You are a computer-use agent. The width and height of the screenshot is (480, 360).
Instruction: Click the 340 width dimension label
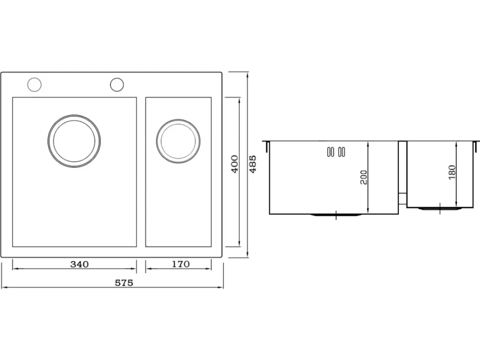point(79,264)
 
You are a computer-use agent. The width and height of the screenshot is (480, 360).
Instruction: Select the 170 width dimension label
point(181,264)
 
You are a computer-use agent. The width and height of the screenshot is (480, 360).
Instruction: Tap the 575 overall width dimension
point(124,283)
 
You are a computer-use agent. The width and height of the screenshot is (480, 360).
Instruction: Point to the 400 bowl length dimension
point(235,164)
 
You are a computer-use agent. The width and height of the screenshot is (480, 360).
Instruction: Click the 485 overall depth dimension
point(253,164)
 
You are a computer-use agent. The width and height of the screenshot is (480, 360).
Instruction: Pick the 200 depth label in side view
point(363,177)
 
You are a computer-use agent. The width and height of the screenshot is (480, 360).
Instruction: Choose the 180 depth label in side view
point(452,172)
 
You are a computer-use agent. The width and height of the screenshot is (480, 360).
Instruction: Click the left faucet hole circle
point(34,85)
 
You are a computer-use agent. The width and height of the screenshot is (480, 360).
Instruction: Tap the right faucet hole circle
point(117,85)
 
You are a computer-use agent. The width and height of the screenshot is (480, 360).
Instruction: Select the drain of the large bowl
point(74,141)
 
